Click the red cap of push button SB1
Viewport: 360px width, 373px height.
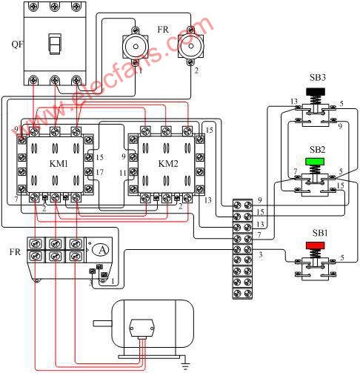pyautogui.click(x=315, y=245)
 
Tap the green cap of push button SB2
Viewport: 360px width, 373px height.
pyautogui.click(x=315, y=162)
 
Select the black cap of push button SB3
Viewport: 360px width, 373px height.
pyautogui.click(x=316, y=92)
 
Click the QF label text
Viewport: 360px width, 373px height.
pyautogui.click(x=17, y=44)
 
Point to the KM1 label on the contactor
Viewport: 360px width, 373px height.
pyautogui.click(x=59, y=164)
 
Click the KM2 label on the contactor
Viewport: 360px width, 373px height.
pyautogui.click(x=168, y=164)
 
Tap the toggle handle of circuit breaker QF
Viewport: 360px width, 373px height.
pyautogui.click(x=54, y=44)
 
